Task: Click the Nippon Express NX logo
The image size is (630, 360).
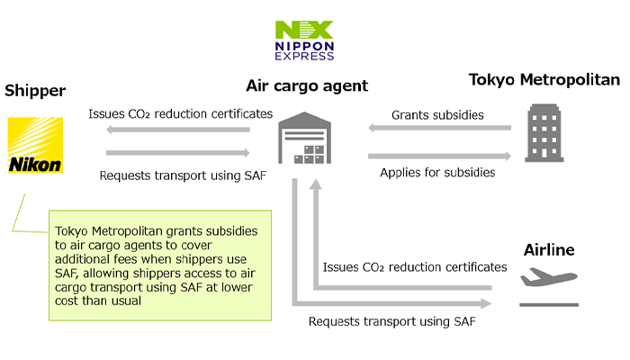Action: click(x=304, y=40)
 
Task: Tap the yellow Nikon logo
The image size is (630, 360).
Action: click(x=35, y=145)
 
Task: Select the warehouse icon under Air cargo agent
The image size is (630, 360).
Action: click(x=304, y=138)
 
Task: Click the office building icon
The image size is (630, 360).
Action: click(x=544, y=133)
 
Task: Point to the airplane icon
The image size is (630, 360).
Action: click(x=549, y=277)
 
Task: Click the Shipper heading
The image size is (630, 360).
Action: click(x=35, y=91)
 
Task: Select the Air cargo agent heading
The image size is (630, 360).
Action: click(x=307, y=85)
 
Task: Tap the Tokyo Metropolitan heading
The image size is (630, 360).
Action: click(x=544, y=79)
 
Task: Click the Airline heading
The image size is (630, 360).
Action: click(x=549, y=250)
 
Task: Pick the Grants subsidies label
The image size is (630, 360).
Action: click(x=437, y=115)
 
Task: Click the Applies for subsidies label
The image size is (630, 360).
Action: click(x=437, y=173)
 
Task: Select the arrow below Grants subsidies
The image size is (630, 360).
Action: click(x=439, y=128)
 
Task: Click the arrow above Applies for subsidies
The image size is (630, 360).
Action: click(x=439, y=156)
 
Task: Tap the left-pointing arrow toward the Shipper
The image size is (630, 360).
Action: click(x=178, y=130)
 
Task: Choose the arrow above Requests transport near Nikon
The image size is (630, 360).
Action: click(x=178, y=153)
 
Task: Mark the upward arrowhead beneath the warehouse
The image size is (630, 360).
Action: click(x=316, y=184)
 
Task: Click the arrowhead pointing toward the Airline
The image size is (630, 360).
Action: click(x=486, y=303)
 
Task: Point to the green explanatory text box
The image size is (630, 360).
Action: click(x=160, y=265)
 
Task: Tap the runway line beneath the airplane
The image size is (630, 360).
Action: click(x=549, y=305)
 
